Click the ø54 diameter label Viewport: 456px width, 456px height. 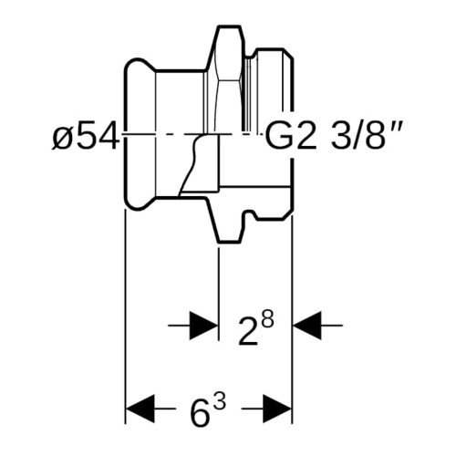coord(86,135)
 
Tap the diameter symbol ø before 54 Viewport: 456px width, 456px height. coord(62,139)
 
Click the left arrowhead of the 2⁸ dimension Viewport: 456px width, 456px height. coord(203,326)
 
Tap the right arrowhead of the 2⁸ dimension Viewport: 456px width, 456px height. coord(306,326)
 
